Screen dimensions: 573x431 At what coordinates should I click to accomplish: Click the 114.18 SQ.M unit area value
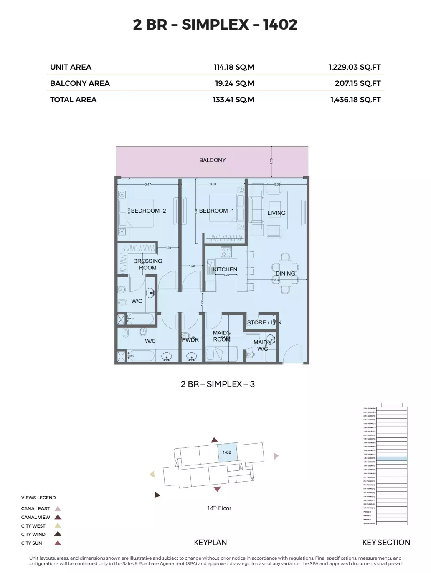click(x=233, y=67)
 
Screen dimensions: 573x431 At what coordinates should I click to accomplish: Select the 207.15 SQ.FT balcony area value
click(x=357, y=83)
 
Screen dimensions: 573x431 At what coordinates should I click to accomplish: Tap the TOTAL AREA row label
click(x=73, y=100)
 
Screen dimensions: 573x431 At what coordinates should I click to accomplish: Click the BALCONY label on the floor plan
click(x=212, y=160)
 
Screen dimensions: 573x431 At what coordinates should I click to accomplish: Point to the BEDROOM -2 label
click(x=148, y=211)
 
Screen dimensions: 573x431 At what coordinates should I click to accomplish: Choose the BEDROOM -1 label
click(x=216, y=211)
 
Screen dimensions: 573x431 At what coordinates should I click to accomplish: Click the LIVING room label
click(x=276, y=213)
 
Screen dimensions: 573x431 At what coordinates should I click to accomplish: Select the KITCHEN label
click(x=225, y=269)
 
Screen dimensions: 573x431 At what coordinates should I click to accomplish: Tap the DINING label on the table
click(x=285, y=274)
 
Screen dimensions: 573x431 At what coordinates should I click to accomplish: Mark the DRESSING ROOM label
click(x=148, y=264)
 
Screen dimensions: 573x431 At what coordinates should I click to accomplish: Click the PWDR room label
click(x=190, y=340)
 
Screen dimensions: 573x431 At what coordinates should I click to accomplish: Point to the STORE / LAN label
click(x=264, y=322)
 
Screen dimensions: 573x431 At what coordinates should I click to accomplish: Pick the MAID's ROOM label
click(x=222, y=336)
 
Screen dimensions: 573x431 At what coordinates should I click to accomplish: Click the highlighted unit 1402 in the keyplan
click(x=227, y=452)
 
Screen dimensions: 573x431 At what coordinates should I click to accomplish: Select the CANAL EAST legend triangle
click(x=58, y=508)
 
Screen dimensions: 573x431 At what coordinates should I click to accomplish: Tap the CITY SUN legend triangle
click(x=58, y=543)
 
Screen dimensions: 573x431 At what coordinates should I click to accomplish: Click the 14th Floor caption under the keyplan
click(x=219, y=508)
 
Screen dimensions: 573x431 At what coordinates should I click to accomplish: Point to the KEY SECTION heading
click(x=386, y=543)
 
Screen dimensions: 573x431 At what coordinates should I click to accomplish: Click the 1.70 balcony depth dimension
click(x=271, y=161)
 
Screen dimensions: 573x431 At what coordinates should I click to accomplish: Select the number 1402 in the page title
click(x=280, y=25)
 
